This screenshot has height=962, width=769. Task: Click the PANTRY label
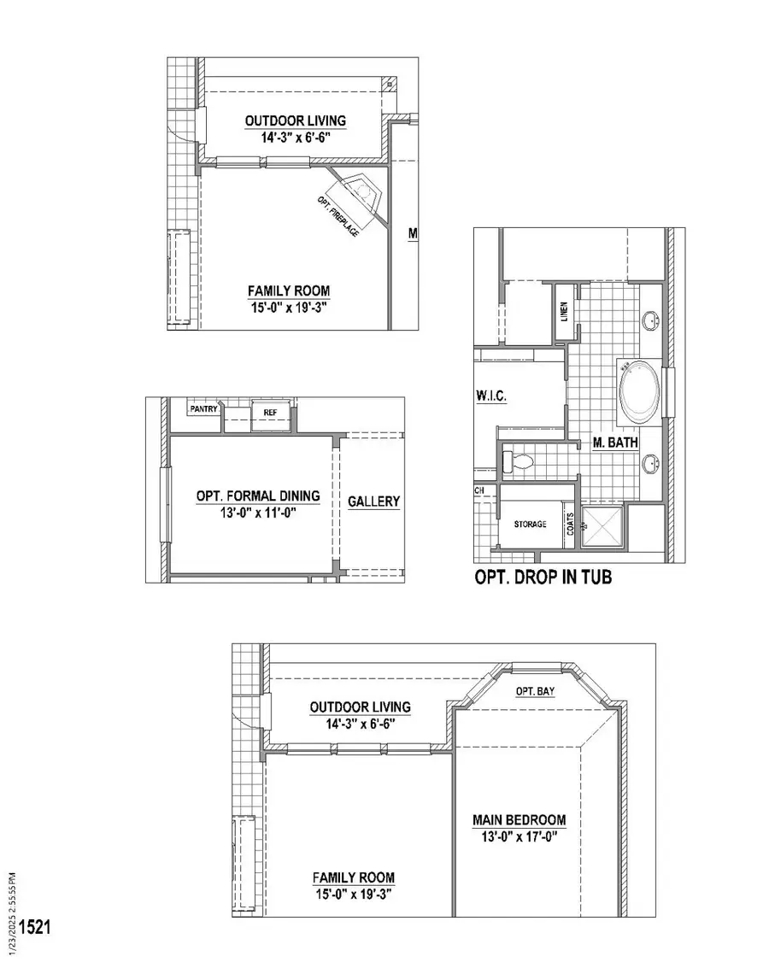tap(204, 409)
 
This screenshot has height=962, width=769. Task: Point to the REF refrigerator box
tap(270, 412)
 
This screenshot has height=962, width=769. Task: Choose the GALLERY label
tap(373, 502)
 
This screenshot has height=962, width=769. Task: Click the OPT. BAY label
tap(536, 691)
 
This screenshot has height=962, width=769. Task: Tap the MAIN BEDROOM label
tap(520, 820)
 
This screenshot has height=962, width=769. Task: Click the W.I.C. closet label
tap(493, 396)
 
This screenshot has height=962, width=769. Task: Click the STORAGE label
tap(530, 524)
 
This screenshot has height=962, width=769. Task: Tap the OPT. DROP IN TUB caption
tap(543, 578)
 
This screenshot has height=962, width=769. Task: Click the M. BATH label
tap(616, 443)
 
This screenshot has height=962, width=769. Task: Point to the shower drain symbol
tap(585, 526)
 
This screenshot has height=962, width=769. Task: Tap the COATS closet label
tap(569, 521)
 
